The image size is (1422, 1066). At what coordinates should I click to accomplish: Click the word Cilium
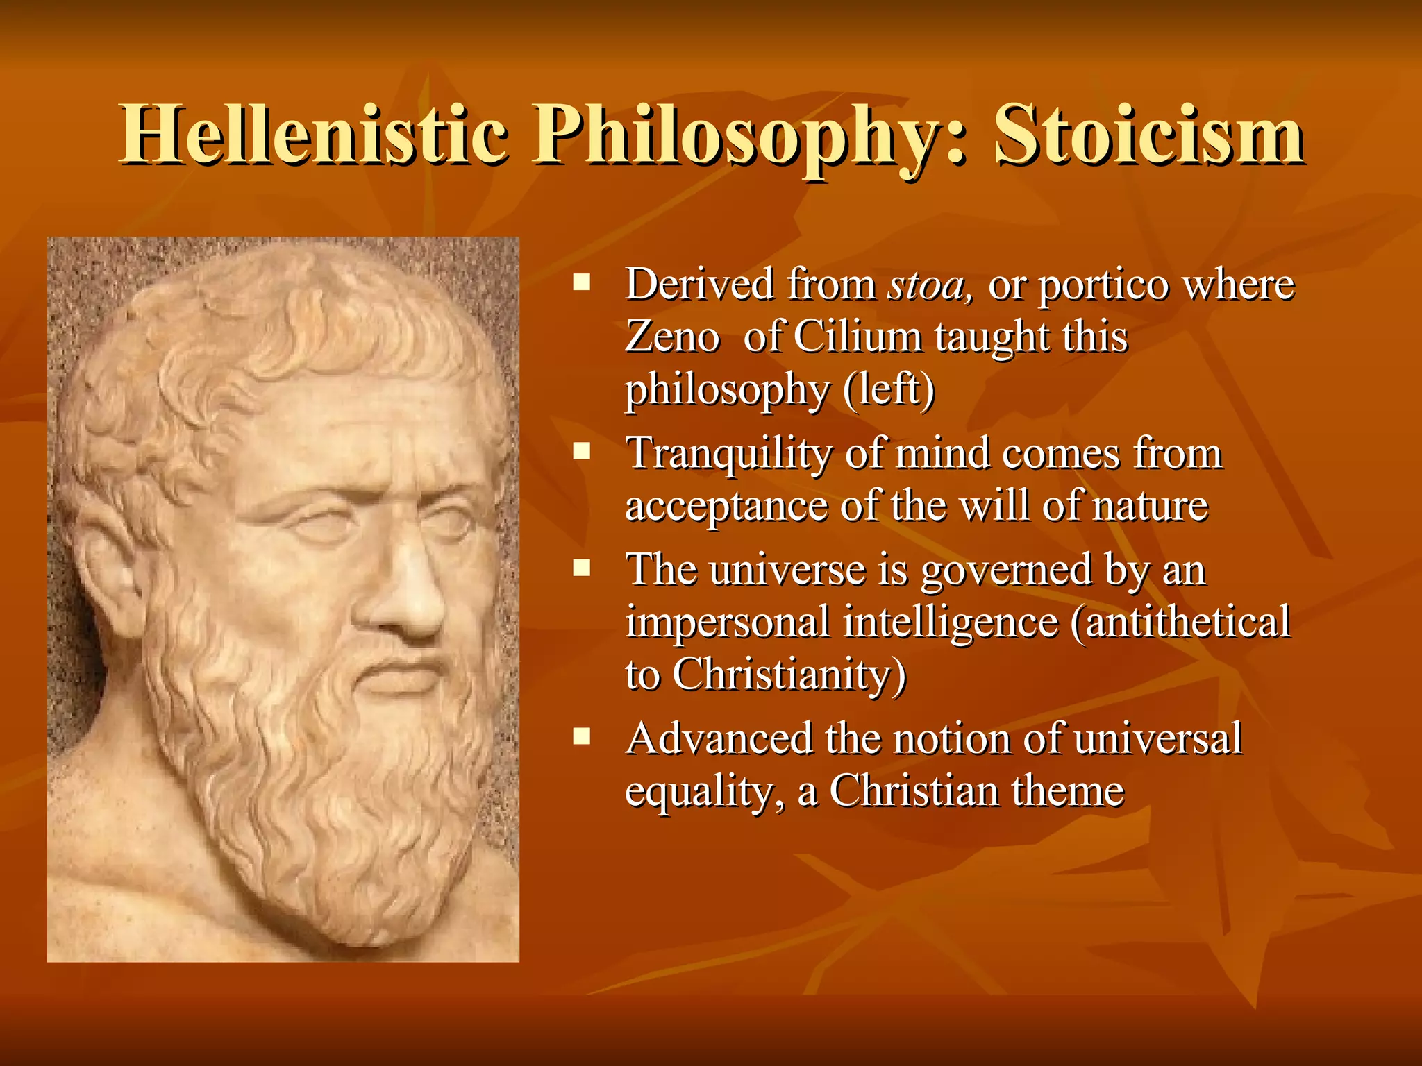(858, 338)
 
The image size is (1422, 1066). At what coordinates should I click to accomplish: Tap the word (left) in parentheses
(889, 390)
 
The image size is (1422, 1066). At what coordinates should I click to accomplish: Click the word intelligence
(951, 623)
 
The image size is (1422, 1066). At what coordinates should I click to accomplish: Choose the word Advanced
(719, 738)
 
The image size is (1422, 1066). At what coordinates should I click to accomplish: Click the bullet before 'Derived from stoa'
(581, 282)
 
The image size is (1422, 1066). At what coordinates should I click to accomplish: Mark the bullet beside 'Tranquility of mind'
(581, 452)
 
